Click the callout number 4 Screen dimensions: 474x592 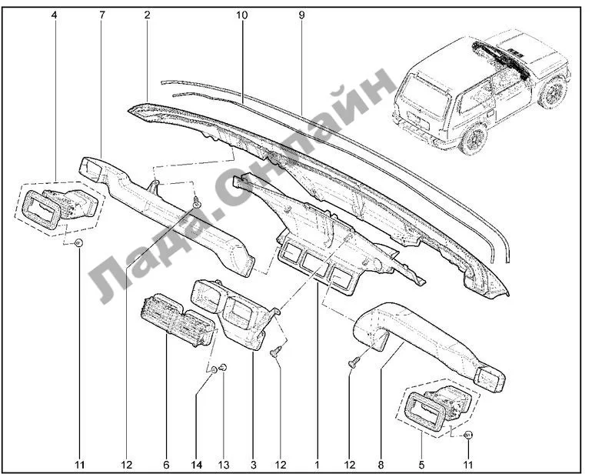(x=55, y=15)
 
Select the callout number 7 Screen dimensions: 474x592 (x=101, y=15)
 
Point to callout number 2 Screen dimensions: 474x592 (x=147, y=15)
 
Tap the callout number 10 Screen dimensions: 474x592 (x=242, y=15)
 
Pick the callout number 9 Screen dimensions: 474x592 (x=301, y=15)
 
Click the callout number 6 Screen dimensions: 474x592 (x=165, y=464)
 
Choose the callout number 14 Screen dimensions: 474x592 (x=197, y=464)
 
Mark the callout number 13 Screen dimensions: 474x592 (x=224, y=464)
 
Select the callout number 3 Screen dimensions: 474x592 (x=253, y=464)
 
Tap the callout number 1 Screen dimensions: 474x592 (x=317, y=464)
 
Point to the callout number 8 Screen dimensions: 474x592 (x=381, y=464)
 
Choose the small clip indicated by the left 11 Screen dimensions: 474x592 (x=80, y=245)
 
